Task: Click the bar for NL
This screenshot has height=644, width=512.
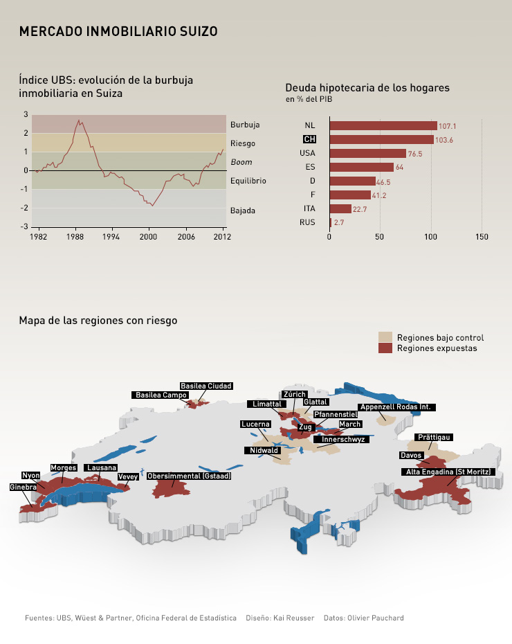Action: point(383,125)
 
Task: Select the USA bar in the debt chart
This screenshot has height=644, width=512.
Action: point(367,153)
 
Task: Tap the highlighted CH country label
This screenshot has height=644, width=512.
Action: point(309,139)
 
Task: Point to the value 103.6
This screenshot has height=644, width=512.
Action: point(444,140)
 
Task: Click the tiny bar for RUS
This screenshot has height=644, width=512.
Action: point(331,222)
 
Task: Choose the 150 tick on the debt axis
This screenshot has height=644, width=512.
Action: point(482,237)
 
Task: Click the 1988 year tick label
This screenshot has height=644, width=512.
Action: point(75,236)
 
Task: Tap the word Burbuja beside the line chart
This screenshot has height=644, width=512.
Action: point(245,125)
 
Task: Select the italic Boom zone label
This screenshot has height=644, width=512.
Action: point(241,162)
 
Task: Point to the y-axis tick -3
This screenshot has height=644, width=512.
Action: point(26,226)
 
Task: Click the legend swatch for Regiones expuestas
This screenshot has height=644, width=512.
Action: point(385,348)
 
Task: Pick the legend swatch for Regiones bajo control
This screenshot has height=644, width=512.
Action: point(385,337)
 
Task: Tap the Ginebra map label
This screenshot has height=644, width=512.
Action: point(23,488)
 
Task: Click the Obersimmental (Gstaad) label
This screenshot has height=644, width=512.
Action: point(189,476)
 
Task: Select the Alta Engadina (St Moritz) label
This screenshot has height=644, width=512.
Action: point(448,472)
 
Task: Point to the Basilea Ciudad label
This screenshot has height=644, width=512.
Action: point(205,386)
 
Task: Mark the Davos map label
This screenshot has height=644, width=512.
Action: point(411,455)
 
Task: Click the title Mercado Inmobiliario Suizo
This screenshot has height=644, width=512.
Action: point(118,31)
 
